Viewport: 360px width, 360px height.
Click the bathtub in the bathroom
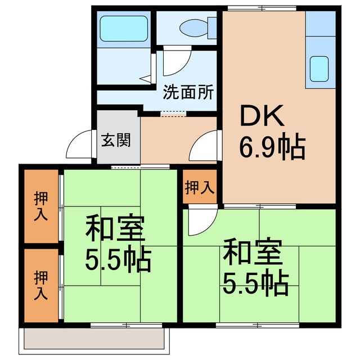[x=124, y=28]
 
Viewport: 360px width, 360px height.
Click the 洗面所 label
[x=188, y=92]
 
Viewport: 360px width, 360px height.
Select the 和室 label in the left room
[x=115, y=228]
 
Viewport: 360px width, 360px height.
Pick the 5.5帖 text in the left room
[x=118, y=258]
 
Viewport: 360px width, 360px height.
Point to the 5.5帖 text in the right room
[x=255, y=283]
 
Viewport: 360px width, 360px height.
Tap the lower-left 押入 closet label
[x=40, y=285]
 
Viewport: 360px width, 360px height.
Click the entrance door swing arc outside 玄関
[x=79, y=147]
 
